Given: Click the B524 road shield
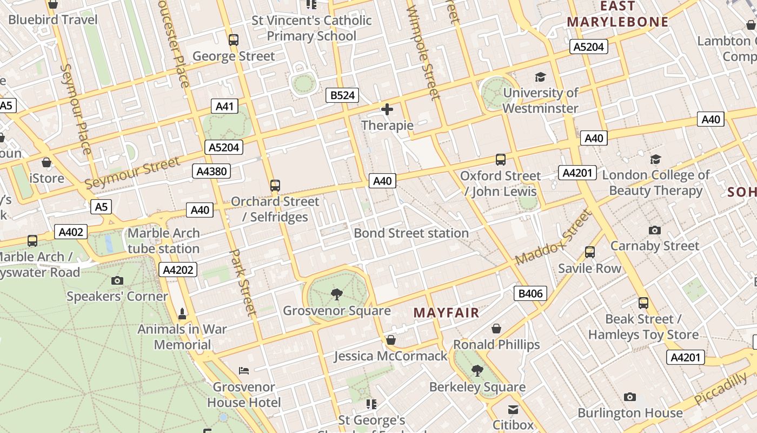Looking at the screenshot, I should [x=343, y=96].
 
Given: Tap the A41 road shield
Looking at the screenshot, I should [x=224, y=106].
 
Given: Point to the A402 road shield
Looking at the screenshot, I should [x=71, y=232].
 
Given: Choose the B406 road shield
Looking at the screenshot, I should [x=530, y=294].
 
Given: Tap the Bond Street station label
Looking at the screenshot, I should [x=411, y=233].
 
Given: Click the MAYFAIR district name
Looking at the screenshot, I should [x=446, y=313].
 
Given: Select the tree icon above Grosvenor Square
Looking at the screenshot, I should [x=337, y=294].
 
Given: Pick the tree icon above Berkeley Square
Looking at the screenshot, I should [x=477, y=371].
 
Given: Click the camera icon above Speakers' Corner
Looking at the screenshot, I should [x=117, y=280].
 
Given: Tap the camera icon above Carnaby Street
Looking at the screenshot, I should [x=654, y=230].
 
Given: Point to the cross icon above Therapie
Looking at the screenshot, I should [x=387, y=110].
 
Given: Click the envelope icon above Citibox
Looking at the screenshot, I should [x=513, y=409].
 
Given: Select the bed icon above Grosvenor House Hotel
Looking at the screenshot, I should [x=244, y=371].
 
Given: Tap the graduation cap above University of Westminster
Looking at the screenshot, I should [x=540, y=77].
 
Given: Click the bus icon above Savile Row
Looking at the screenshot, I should [x=589, y=252].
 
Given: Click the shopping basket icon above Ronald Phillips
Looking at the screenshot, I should [x=496, y=329].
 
